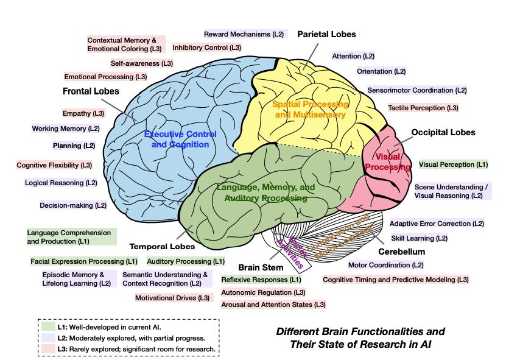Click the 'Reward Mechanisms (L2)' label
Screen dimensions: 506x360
click(244, 34)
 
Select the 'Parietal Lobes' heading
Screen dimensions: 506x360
click(326, 34)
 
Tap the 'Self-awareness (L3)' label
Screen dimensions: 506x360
click(142, 63)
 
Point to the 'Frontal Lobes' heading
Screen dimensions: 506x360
click(91, 91)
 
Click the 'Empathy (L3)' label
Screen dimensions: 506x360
click(83, 113)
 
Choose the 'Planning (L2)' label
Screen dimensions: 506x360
click(74, 146)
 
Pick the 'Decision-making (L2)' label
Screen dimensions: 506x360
click(73, 205)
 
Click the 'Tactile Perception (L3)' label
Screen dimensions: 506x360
click(423, 108)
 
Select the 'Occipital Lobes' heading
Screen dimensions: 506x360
click(443, 132)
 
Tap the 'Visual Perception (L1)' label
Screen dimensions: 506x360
click(454, 164)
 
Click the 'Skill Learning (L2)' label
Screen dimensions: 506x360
click(419, 238)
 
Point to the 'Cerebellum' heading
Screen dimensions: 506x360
click(402, 252)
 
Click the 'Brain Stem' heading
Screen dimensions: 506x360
click(261, 267)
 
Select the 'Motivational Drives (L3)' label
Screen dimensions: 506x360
click(172, 298)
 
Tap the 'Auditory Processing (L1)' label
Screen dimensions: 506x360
click(186, 261)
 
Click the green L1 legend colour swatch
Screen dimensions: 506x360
click(48, 326)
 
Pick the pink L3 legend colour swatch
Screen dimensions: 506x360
click(48, 349)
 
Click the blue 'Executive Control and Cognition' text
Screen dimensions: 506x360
click(180, 139)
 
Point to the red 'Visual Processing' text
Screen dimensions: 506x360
click(387, 162)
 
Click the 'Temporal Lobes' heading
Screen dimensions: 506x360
click(163, 247)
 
